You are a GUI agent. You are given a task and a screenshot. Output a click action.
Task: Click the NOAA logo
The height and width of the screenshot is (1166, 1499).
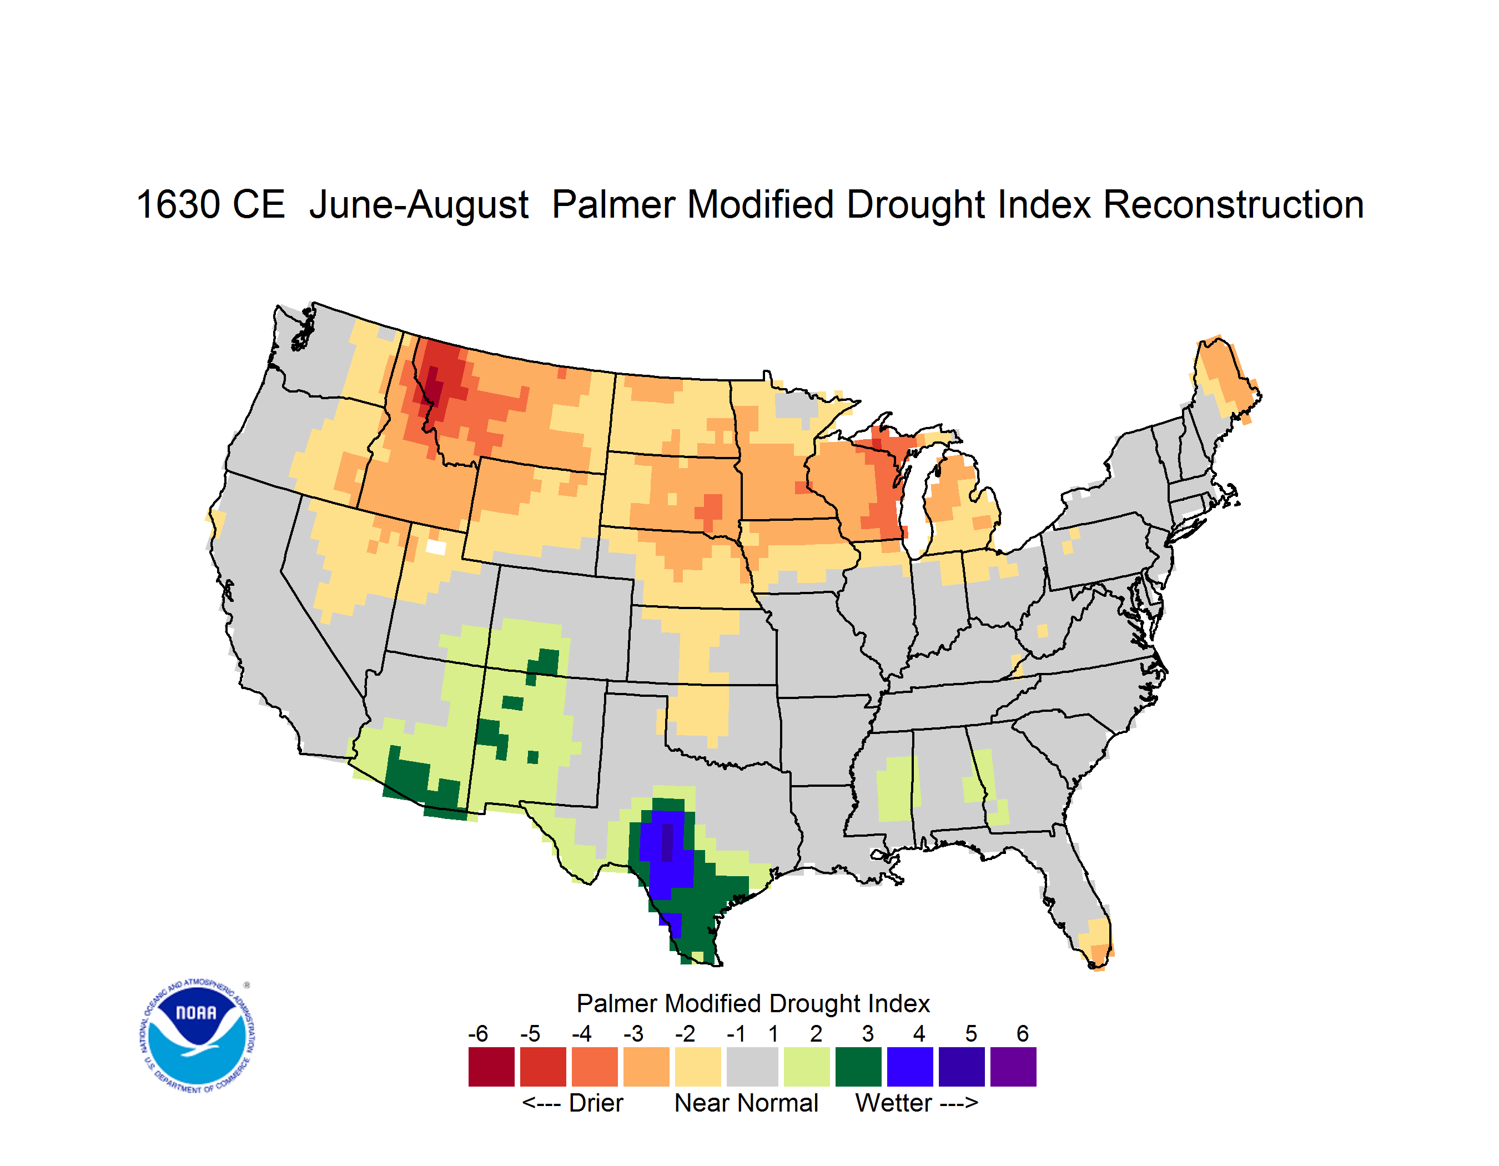coord(197,1036)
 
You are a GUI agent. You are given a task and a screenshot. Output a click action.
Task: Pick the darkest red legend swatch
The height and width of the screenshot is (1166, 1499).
coord(491,1067)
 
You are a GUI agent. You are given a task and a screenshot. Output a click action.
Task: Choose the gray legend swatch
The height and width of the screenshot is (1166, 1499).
coord(752,1067)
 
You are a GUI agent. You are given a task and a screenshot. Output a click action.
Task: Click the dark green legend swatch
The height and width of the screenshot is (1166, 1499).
coord(858,1067)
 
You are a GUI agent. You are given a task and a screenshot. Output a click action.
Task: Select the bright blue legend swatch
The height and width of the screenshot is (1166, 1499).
coord(909,1067)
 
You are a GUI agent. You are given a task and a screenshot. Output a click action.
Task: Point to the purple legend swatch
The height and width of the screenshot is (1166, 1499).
coord(1013,1067)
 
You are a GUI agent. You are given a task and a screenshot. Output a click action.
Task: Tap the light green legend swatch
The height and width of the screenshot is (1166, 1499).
coord(807,1067)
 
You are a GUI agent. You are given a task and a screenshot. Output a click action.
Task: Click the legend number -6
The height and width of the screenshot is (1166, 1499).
coord(477,1033)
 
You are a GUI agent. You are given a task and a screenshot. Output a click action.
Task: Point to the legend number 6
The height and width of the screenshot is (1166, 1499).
coord(1022,1033)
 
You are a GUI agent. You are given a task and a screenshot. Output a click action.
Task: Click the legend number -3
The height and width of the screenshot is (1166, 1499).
coord(633,1033)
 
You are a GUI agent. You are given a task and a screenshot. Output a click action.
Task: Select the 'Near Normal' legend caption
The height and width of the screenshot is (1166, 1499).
coord(746,1103)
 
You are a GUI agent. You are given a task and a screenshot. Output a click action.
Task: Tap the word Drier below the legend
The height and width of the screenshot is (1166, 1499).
coord(596,1103)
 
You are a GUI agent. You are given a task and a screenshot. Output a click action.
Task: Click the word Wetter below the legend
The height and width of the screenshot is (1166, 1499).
coord(893,1103)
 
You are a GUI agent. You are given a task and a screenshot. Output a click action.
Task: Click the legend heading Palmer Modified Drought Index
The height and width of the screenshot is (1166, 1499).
coord(753,1003)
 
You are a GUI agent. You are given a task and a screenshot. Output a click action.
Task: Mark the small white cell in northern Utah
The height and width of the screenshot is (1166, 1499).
coord(436,547)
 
